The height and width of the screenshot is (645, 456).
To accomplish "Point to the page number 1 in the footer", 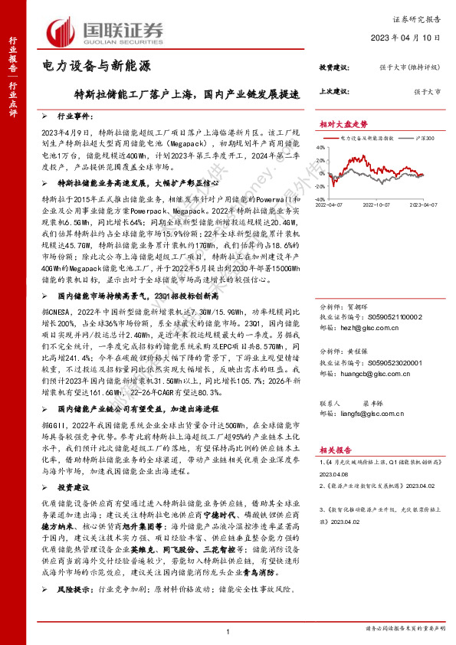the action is pos(228,630).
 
